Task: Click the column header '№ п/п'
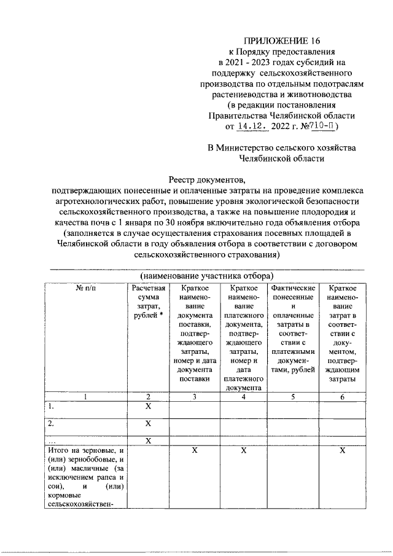(86, 288)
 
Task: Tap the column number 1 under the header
(86, 397)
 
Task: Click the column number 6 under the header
(342, 397)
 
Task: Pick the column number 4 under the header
(244, 397)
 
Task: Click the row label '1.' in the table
(52, 407)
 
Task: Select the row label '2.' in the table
(52, 424)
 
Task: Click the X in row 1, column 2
(147, 407)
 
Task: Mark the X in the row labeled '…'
(147, 440)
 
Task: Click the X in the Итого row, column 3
(194, 451)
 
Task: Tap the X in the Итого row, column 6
(342, 451)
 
